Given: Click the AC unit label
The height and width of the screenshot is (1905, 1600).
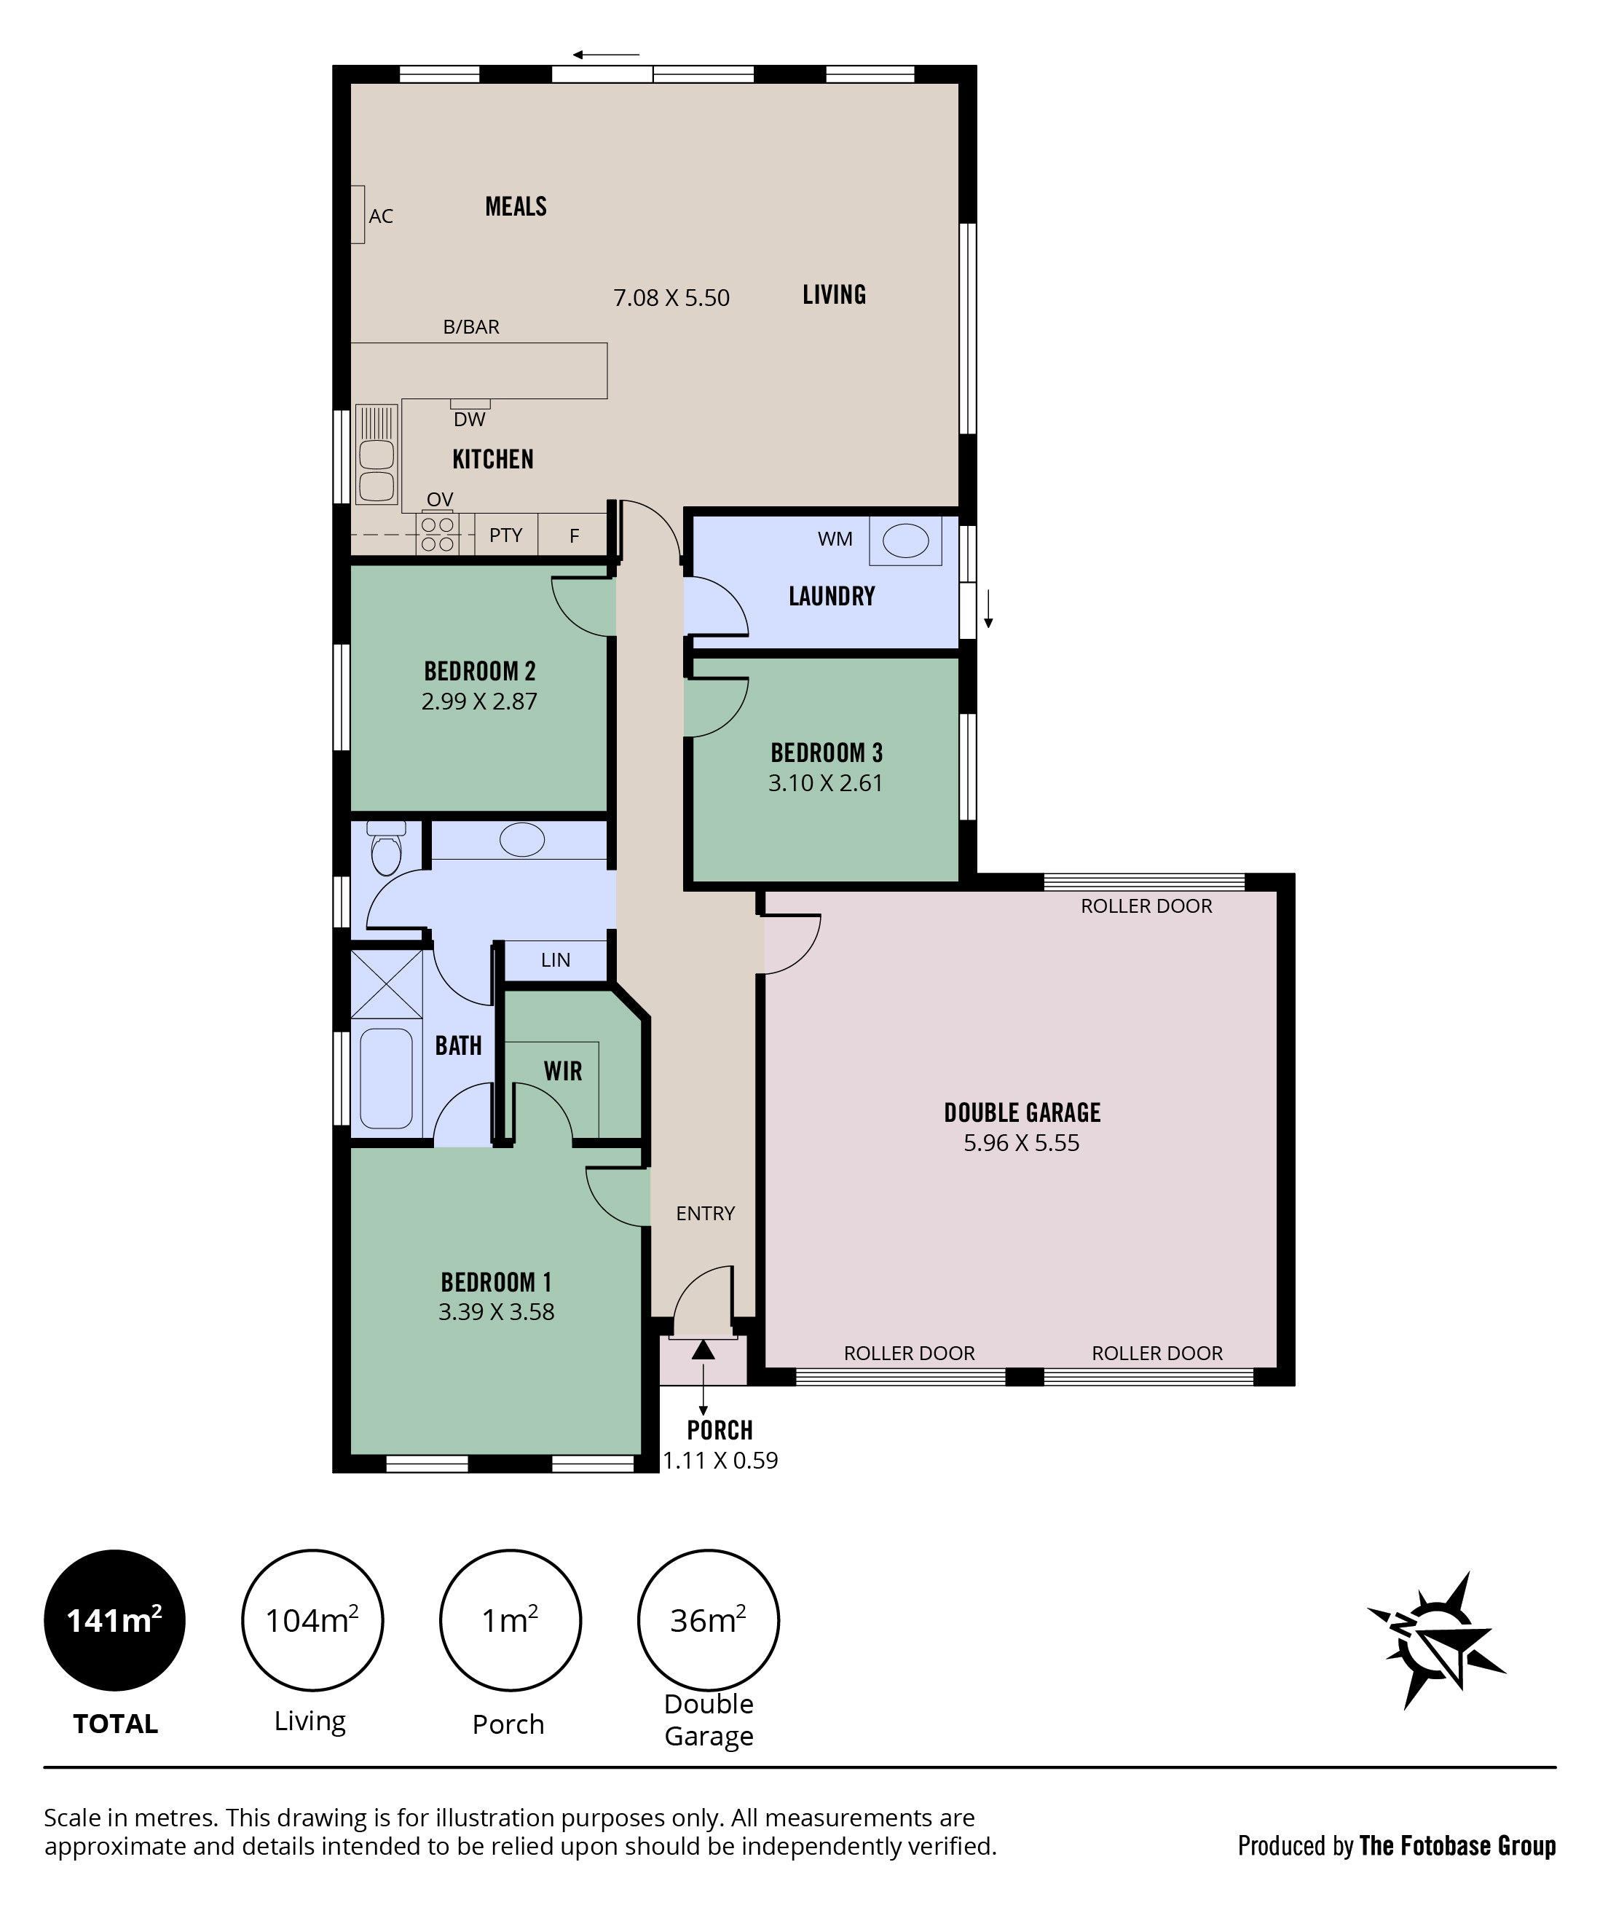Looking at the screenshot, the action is point(380,216).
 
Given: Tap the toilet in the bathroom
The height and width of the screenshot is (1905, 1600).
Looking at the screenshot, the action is point(387,847).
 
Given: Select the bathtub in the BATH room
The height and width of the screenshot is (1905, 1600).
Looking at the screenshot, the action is point(387,1079).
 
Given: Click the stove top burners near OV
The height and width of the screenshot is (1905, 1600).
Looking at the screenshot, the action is point(437,533).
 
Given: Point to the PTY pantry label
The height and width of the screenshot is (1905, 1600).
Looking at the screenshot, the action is point(505,535).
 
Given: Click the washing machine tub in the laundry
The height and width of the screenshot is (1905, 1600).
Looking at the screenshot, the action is point(905,541).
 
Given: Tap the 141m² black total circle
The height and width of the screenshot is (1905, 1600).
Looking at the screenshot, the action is point(114,1620).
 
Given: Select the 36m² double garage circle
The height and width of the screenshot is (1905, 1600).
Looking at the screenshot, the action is point(709,1620).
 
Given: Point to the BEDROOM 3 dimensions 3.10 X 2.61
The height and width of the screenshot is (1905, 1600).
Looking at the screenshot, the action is point(825,783).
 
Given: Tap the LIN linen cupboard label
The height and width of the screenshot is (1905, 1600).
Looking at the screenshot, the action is point(555,959).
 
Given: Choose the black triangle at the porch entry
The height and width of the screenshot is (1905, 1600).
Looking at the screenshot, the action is point(703,1350).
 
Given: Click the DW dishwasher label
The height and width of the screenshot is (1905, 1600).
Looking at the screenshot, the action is point(469,419).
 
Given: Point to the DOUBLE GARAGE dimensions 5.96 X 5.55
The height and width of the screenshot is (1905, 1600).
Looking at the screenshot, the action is point(1021,1143).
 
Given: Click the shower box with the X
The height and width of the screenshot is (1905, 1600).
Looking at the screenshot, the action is point(387,983).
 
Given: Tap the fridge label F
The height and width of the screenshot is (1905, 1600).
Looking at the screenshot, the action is point(574,536).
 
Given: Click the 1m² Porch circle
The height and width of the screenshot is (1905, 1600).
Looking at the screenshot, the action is point(510,1620).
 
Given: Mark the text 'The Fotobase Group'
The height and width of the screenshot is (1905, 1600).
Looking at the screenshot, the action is point(1457,1846).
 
